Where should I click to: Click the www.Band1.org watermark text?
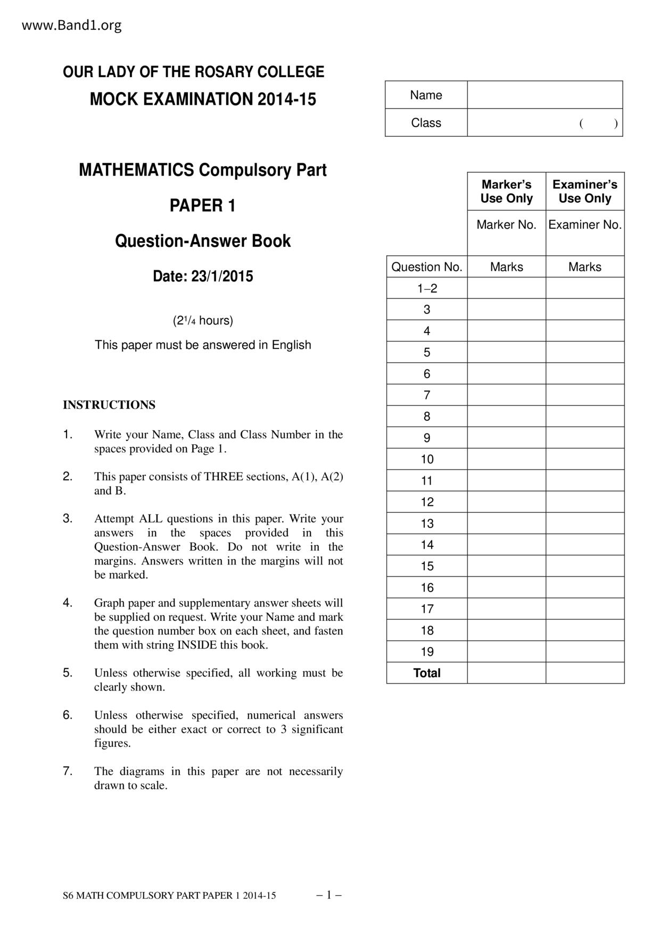coord(71,26)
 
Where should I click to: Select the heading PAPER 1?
coord(202,206)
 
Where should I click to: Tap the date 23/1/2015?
coord(222,277)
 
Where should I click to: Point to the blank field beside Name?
coord(544,95)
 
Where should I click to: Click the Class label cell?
coord(426,123)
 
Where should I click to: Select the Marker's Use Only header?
coord(506,191)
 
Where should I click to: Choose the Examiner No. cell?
coord(584,225)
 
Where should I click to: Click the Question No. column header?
coord(426,267)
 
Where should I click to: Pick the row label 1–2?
coord(427,288)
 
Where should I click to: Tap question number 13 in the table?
coord(427,523)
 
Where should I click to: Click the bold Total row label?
coord(427,673)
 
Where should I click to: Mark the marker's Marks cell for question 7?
coord(506,395)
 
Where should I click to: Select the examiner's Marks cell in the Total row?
coord(584,673)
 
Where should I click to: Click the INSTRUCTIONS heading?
coord(109,405)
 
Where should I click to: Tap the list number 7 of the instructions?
coord(67,771)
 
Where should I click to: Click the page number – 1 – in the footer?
coord(328,895)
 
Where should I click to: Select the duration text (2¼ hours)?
coord(202,321)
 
